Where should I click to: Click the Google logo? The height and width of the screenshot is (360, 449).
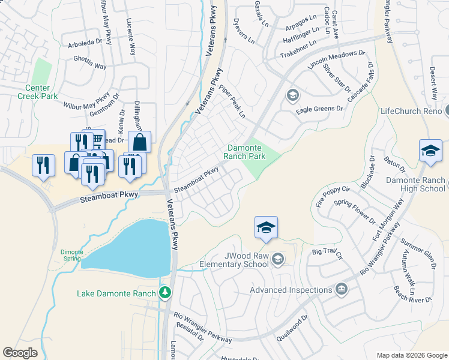tap(20, 353)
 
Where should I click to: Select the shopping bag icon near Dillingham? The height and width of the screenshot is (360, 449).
tap(139, 142)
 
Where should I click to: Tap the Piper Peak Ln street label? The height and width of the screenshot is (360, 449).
tap(233, 101)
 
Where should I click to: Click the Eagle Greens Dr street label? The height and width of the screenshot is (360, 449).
tap(319, 109)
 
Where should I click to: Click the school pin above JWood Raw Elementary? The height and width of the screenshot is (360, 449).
tap(266, 227)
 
